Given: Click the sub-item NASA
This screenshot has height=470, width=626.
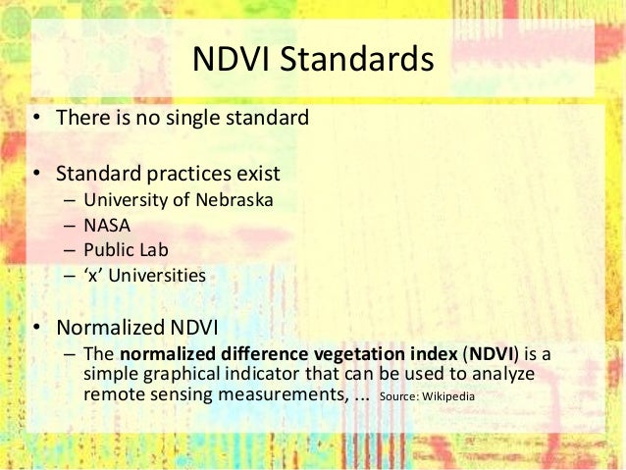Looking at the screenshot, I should coord(108,225).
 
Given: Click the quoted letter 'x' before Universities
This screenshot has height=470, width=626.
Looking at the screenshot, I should coord(94,275).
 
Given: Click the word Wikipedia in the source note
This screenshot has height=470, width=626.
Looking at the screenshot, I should coord(449,397).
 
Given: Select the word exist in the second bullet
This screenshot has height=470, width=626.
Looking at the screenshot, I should coord(258,174).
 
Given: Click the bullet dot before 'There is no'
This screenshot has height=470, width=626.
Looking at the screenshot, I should coord(35,120).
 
